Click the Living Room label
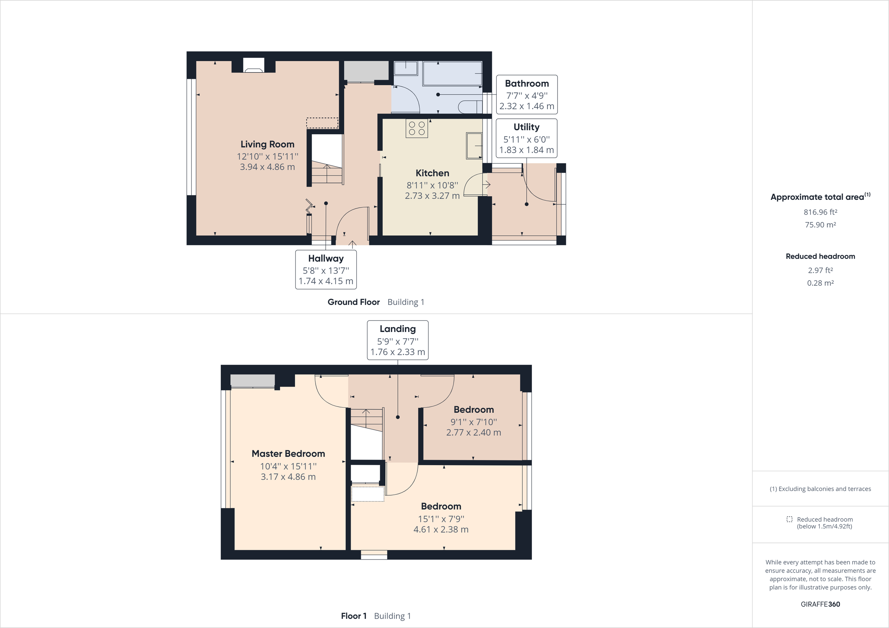pos(267,144)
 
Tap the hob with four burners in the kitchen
pos(417,128)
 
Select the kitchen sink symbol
pos(474,145)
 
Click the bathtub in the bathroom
pos(452,73)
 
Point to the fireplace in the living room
pos(254,66)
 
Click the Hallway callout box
pos(326,269)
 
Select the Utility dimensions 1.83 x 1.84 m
pos(526,150)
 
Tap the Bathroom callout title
pos(527,84)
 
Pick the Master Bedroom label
pos(288,453)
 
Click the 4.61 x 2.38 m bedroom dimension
pos(441,529)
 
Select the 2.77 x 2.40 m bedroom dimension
pos(473,433)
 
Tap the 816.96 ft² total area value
pos(820,212)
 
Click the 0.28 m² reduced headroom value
pos(820,283)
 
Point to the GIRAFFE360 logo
pos(820,604)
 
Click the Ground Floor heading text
pos(353,302)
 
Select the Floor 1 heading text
pos(353,616)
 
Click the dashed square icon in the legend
pos(789,519)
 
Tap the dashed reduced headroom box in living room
pos(322,123)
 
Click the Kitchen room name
pos(432,173)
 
